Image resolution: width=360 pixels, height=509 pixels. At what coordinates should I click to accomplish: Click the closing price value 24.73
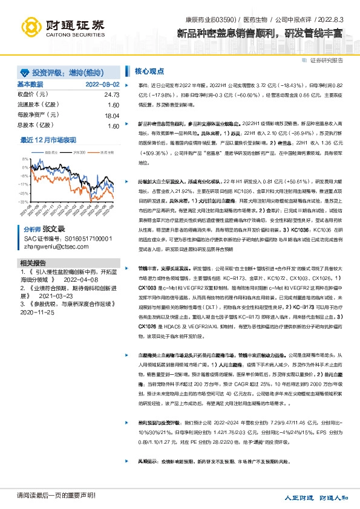click(x=111, y=95)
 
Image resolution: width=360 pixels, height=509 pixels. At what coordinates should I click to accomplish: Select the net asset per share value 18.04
click(x=111, y=115)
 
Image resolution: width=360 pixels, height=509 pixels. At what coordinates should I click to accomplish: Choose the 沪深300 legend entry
click(x=78, y=152)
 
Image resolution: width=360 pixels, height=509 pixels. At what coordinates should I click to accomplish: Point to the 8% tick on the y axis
click(x=24, y=160)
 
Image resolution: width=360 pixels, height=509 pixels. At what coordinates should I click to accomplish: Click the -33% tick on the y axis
click(x=23, y=201)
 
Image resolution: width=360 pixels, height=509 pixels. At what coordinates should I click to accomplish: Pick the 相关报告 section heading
click(x=31, y=262)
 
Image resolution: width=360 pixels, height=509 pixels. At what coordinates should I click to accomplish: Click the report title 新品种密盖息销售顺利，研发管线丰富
click(x=260, y=33)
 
